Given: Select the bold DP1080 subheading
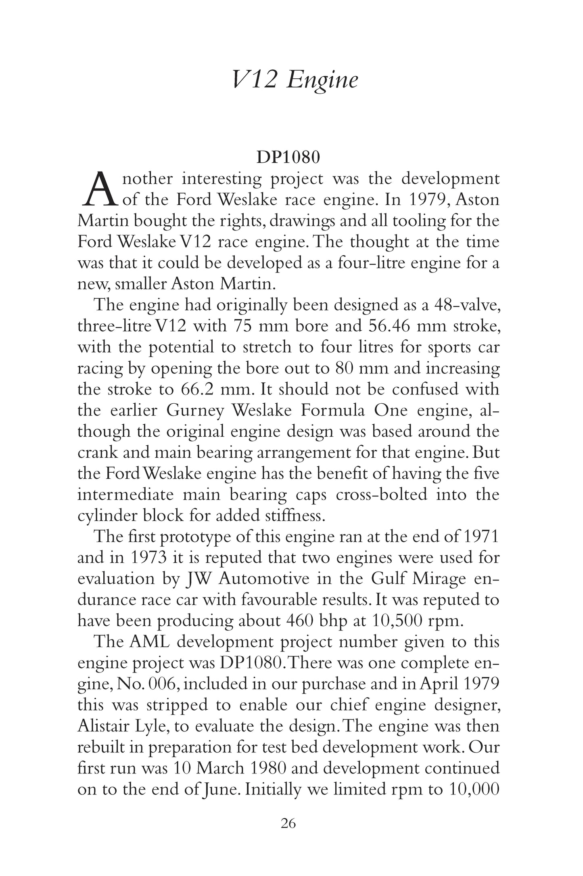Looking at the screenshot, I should click(288, 158).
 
